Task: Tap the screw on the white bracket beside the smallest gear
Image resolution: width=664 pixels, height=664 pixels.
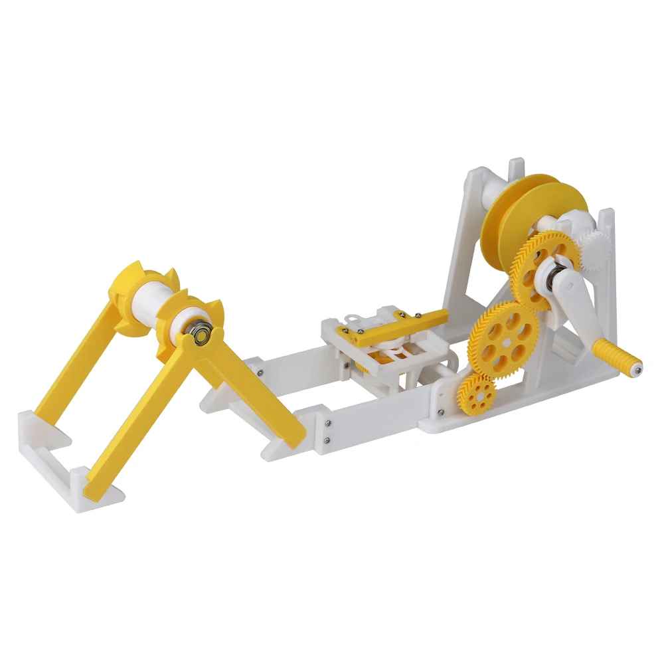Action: coord(440,410)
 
